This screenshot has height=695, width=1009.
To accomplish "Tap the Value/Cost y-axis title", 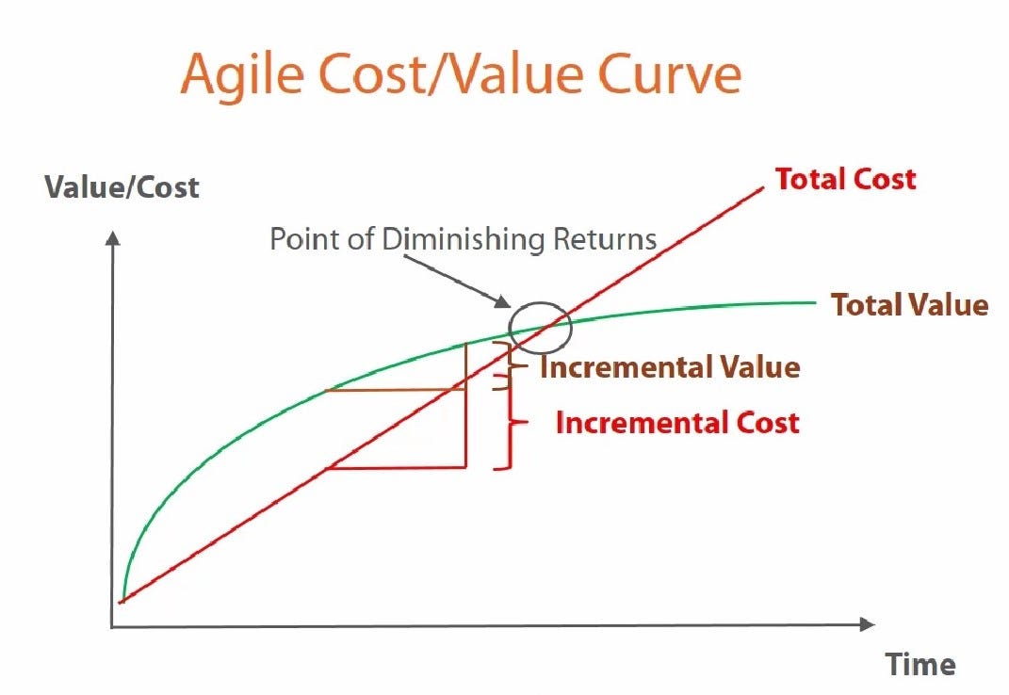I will (x=122, y=186).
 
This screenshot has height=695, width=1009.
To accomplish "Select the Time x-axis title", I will (x=920, y=664).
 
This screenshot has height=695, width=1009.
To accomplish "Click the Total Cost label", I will (x=845, y=179).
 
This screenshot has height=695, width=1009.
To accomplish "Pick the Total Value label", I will (x=909, y=305).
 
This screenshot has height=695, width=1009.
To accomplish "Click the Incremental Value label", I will (x=669, y=367).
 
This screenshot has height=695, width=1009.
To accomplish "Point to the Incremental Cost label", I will (x=677, y=422).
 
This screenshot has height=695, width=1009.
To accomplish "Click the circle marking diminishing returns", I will (x=540, y=325).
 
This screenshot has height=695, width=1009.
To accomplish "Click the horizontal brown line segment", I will (x=396, y=390).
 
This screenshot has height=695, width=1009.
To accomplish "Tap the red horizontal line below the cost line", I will (x=396, y=466).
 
